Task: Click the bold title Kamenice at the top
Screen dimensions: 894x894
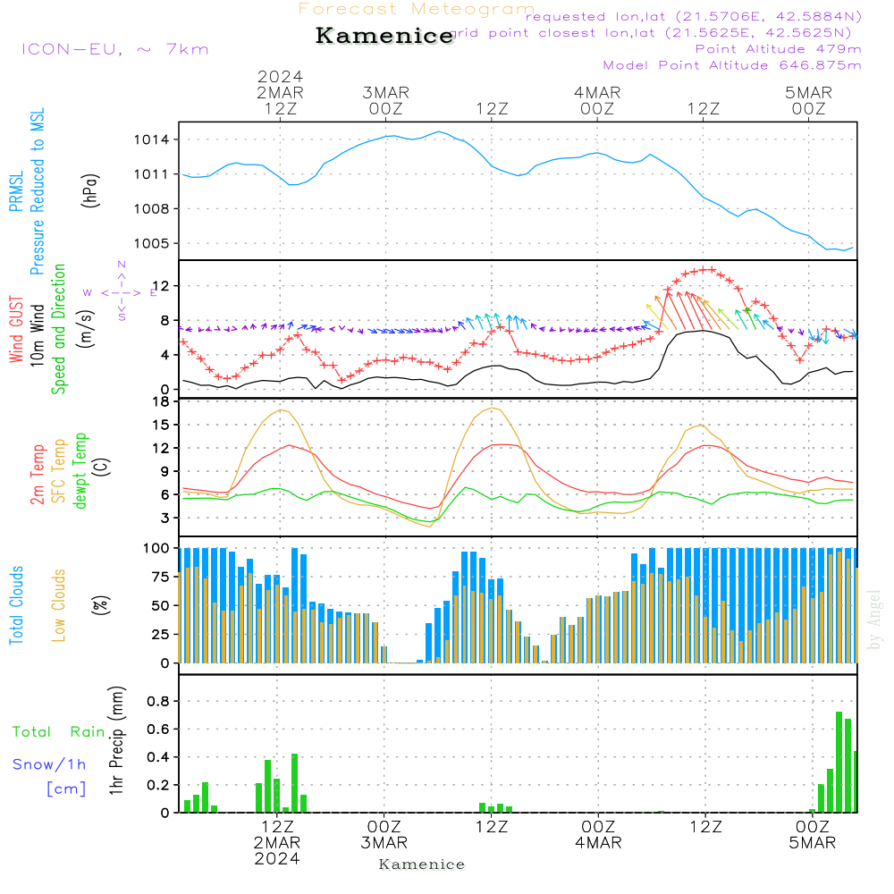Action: (x=384, y=36)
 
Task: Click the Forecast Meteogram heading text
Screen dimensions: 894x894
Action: (x=417, y=9)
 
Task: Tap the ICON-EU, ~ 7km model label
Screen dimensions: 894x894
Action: (x=115, y=49)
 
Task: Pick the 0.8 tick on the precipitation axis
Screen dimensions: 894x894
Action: (x=159, y=701)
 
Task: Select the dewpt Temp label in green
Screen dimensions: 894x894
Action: (x=80, y=474)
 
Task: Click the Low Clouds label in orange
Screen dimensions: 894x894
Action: (x=60, y=604)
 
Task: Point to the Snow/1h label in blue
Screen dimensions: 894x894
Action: (x=49, y=764)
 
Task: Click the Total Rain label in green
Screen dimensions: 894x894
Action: (x=59, y=731)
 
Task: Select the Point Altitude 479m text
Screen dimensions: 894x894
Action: (x=778, y=48)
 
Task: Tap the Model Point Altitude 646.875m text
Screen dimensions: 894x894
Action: (x=732, y=65)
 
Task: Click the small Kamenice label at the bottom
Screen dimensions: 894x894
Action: (x=422, y=864)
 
